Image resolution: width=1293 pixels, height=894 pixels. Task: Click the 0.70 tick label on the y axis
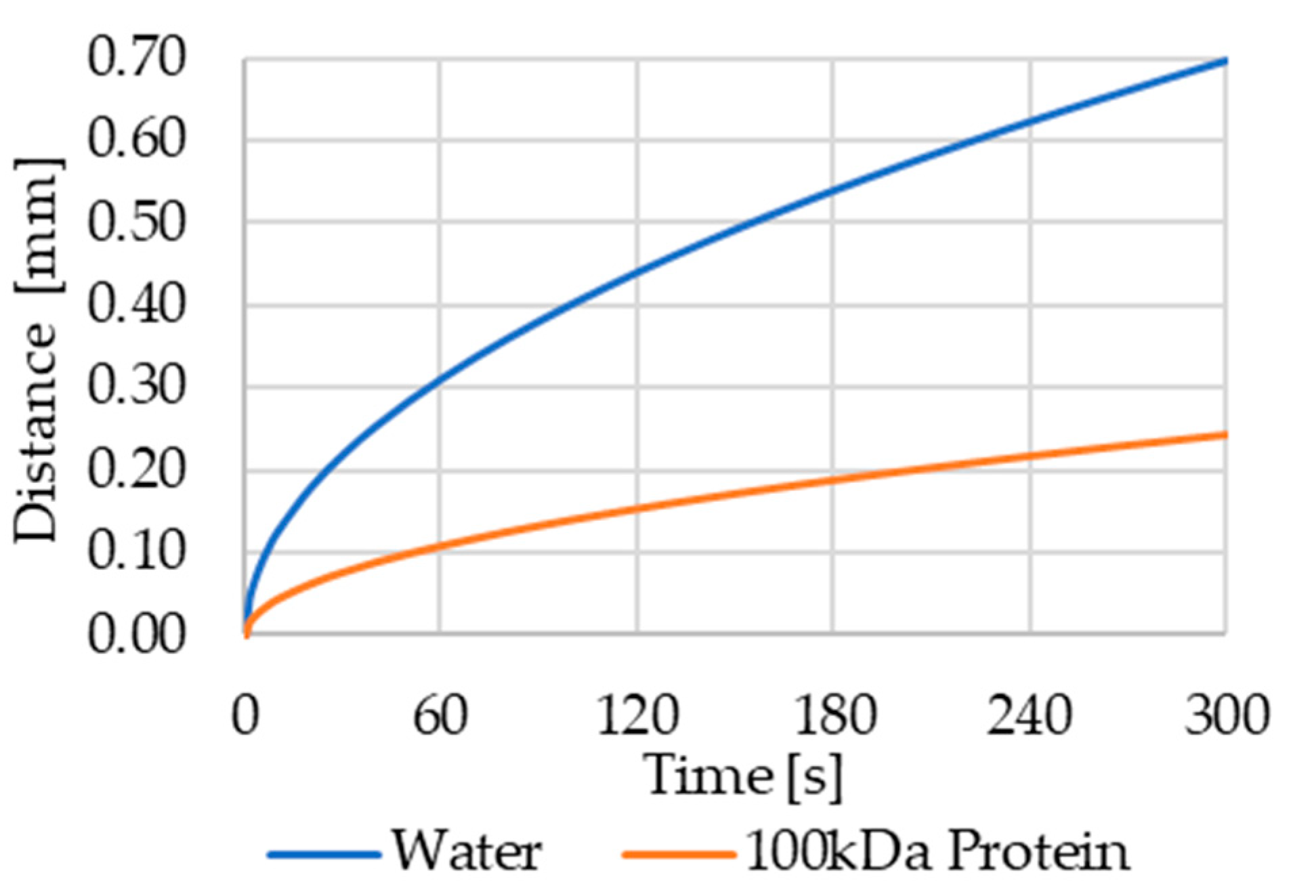[x=135, y=58]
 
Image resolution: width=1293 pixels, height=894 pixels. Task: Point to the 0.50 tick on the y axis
[x=135, y=223]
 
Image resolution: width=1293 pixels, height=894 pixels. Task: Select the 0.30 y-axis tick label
[x=135, y=387]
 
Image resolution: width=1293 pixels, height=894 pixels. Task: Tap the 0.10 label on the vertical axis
[x=135, y=552]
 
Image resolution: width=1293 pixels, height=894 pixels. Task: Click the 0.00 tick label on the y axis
[x=135, y=635]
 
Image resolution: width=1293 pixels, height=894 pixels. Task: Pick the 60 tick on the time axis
[x=440, y=716]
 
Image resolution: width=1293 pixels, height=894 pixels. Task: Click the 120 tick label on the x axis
[x=637, y=716]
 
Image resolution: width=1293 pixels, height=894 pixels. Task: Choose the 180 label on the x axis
[x=834, y=716]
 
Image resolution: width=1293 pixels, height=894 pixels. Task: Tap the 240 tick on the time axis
[x=1030, y=716]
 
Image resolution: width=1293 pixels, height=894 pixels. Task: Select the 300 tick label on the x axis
[x=1226, y=716]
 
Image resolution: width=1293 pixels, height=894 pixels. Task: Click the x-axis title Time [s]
[x=744, y=775]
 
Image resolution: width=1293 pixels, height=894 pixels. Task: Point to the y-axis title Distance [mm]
[x=37, y=349]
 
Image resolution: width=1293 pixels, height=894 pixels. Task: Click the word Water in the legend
[x=467, y=851]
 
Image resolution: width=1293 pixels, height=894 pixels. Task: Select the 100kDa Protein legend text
[x=938, y=851]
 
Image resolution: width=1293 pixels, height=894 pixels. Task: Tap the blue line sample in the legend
[x=324, y=854]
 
